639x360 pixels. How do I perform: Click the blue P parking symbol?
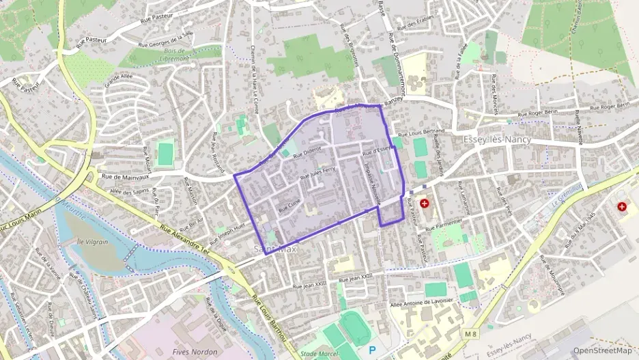point(372,348)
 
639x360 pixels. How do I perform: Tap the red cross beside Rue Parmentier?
point(425,203)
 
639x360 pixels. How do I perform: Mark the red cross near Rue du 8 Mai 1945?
point(622,205)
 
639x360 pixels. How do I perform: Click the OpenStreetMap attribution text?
point(601,350)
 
